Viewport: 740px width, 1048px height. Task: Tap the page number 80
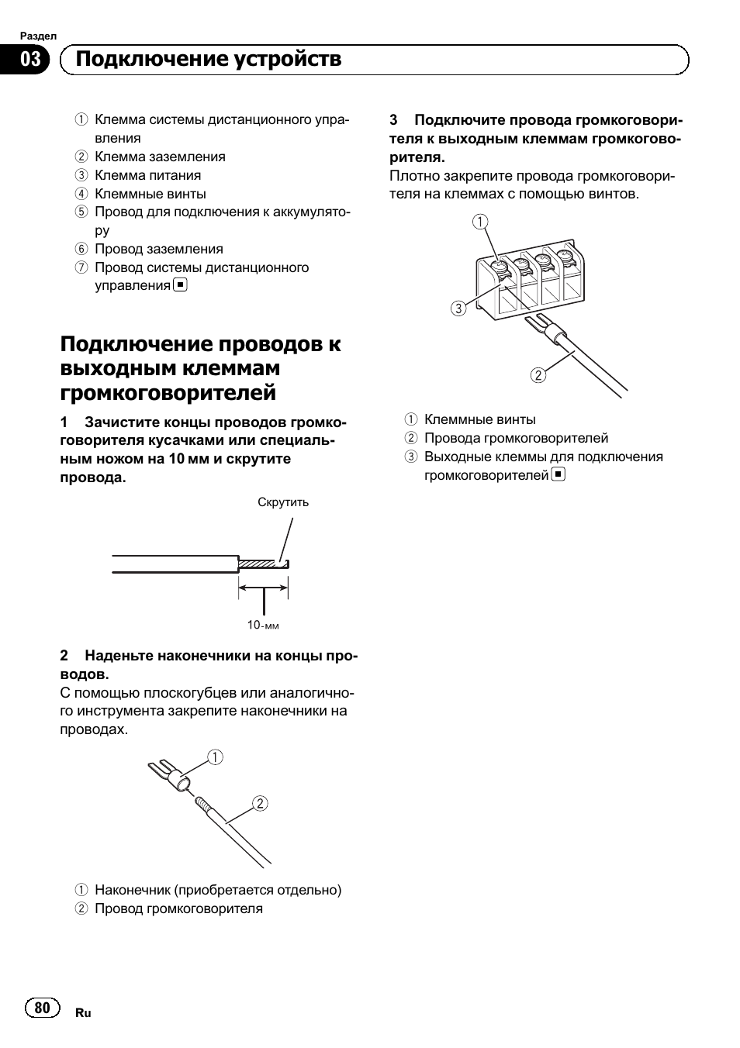(43, 1007)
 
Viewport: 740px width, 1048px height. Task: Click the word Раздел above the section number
(38, 36)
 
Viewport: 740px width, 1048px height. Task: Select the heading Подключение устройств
(209, 60)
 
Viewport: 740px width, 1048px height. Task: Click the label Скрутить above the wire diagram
(283, 502)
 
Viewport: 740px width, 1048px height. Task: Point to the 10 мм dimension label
(263, 625)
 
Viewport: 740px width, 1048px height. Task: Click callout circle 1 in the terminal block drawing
(480, 222)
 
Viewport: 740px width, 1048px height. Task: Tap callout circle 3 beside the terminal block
(458, 309)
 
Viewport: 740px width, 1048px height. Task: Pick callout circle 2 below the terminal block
(538, 376)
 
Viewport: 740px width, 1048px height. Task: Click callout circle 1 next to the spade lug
(215, 757)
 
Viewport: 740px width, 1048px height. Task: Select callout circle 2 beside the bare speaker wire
(260, 803)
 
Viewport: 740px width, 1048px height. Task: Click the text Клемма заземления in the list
(160, 157)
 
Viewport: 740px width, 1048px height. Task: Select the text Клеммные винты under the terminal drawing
(479, 419)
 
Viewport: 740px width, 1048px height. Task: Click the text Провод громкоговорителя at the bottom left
(178, 908)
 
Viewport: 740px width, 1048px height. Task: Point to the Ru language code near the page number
(83, 1013)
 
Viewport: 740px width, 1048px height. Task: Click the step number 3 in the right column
(393, 120)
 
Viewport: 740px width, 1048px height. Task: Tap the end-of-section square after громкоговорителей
(558, 474)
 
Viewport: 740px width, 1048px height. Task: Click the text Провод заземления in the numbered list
(158, 249)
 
